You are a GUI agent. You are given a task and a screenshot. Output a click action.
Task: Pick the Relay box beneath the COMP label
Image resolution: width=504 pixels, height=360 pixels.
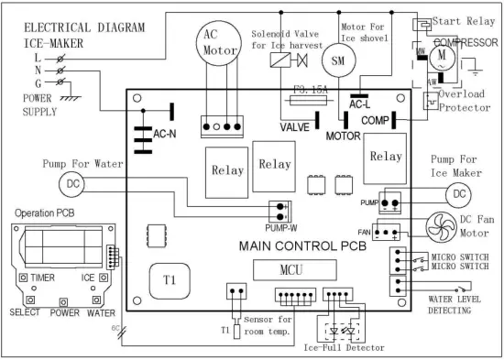pyautogui.click(x=384, y=157)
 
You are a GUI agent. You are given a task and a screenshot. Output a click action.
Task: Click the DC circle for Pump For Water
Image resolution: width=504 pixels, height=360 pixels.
pyautogui.click(x=71, y=184)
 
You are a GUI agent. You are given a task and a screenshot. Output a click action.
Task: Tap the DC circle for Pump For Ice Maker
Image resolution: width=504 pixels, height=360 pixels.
pyautogui.click(x=456, y=194)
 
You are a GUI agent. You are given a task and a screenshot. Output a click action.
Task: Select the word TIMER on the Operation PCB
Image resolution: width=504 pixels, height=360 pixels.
pyautogui.click(x=44, y=276)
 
